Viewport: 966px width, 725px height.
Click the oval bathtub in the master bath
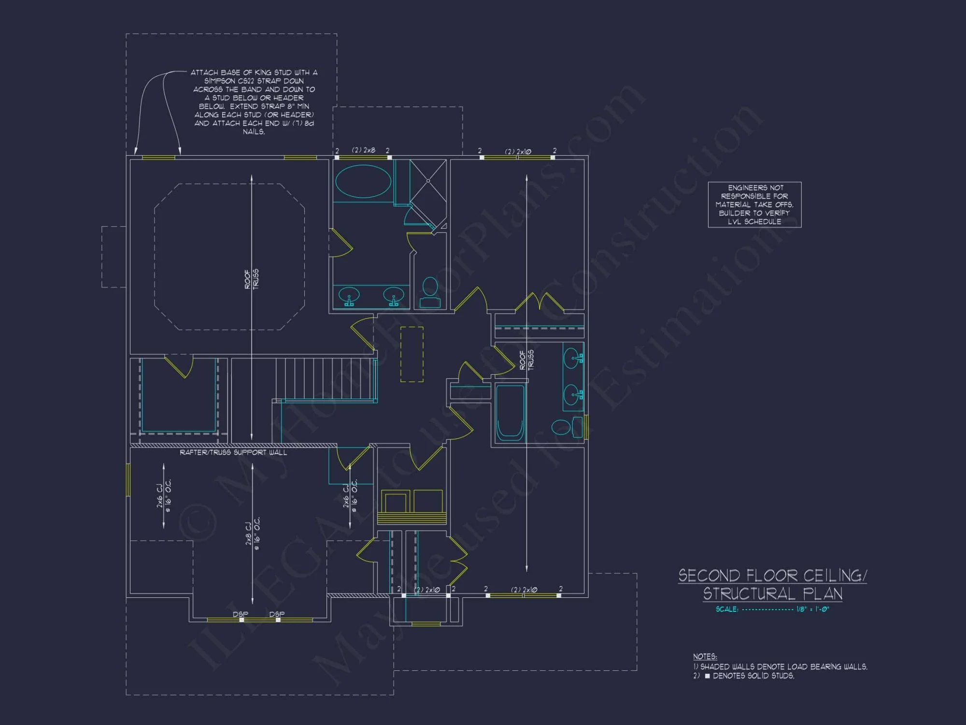click(x=363, y=181)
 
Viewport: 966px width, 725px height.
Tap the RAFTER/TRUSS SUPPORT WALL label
click(x=233, y=452)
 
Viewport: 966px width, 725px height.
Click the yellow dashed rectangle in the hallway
click(x=412, y=354)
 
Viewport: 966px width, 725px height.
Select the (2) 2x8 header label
click(x=363, y=150)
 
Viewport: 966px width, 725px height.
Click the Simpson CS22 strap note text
click(x=254, y=101)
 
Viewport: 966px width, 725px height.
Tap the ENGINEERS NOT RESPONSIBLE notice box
click(x=754, y=204)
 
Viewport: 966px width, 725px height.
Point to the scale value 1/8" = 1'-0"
click(x=812, y=609)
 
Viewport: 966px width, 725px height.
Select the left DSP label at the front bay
click(x=240, y=614)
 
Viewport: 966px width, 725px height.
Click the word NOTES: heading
click(x=705, y=656)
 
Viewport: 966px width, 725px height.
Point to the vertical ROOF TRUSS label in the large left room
click(x=251, y=279)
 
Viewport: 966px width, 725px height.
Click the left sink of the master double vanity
click(x=348, y=295)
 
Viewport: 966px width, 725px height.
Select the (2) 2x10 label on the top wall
click(x=518, y=151)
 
